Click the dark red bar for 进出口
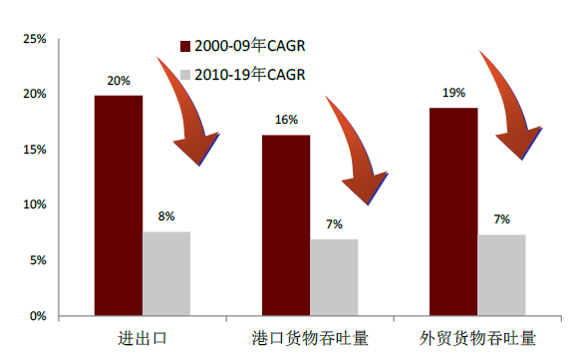click(x=119, y=205)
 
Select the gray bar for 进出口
click(x=166, y=273)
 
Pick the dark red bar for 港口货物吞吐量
click(x=286, y=225)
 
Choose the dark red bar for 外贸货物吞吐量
click(x=453, y=211)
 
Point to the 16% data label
click(x=286, y=121)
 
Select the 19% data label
click(x=453, y=94)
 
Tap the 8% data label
click(x=166, y=216)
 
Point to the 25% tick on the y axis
click(x=35, y=39)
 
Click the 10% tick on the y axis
click(x=35, y=204)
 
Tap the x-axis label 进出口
click(x=143, y=338)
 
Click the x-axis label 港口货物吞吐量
click(x=310, y=338)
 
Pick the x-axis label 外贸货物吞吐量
click(x=477, y=338)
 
